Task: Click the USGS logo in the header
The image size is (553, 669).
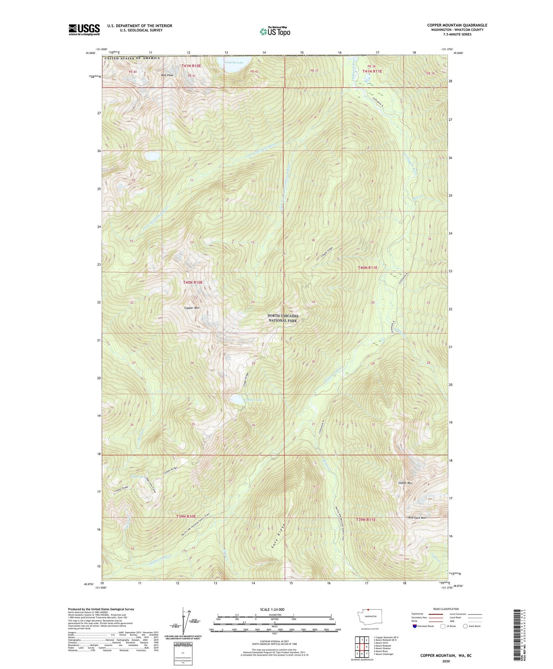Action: [84, 30]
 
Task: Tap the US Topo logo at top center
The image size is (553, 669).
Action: [275, 31]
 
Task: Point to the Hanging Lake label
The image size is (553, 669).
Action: [234, 62]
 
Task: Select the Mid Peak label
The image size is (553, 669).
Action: [167, 75]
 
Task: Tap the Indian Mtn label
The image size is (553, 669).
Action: [405, 483]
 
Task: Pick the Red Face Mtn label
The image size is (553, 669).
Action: [417, 518]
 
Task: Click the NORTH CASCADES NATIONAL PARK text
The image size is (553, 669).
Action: [283, 318]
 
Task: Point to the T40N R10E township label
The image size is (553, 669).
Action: [193, 282]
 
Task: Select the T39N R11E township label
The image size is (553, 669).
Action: [366, 520]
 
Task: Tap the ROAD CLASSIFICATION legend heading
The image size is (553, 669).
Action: [446, 609]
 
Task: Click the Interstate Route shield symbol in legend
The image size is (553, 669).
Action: [415, 626]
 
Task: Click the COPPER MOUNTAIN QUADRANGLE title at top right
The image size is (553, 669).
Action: [457, 25]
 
